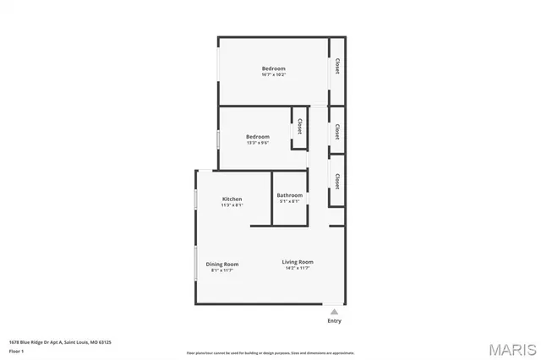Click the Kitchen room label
(232, 199)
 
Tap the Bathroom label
(289, 195)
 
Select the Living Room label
(298, 262)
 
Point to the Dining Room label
(221, 265)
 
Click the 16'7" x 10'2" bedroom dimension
(273, 75)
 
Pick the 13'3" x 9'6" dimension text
(258, 143)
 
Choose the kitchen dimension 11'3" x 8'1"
(232, 205)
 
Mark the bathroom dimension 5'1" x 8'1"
(289, 202)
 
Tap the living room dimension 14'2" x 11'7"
(298, 269)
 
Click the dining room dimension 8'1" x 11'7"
(221, 270)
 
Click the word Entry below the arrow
(335, 321)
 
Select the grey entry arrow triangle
(335, 311)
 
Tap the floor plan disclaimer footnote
(270, 353)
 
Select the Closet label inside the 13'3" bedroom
(299, 126)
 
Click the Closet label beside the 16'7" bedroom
(337, 66)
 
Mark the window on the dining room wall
(197, 272)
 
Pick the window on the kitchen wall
(197, 199)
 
